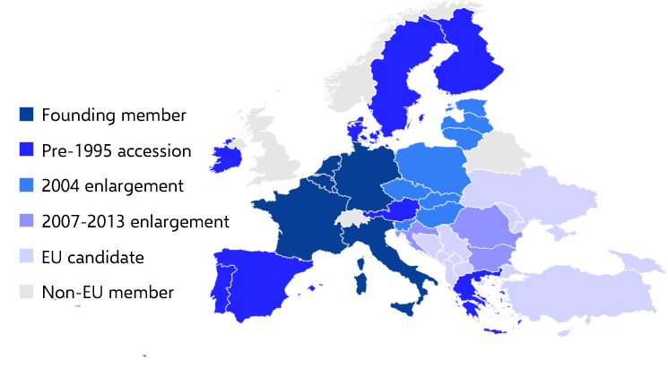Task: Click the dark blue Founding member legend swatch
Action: [27, 115]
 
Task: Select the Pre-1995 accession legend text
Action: [116, 150]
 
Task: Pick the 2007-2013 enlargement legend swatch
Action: [27, 221]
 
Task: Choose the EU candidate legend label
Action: [92, 257]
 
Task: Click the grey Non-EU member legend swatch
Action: [27, 292]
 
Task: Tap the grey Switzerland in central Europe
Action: [351, 218]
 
